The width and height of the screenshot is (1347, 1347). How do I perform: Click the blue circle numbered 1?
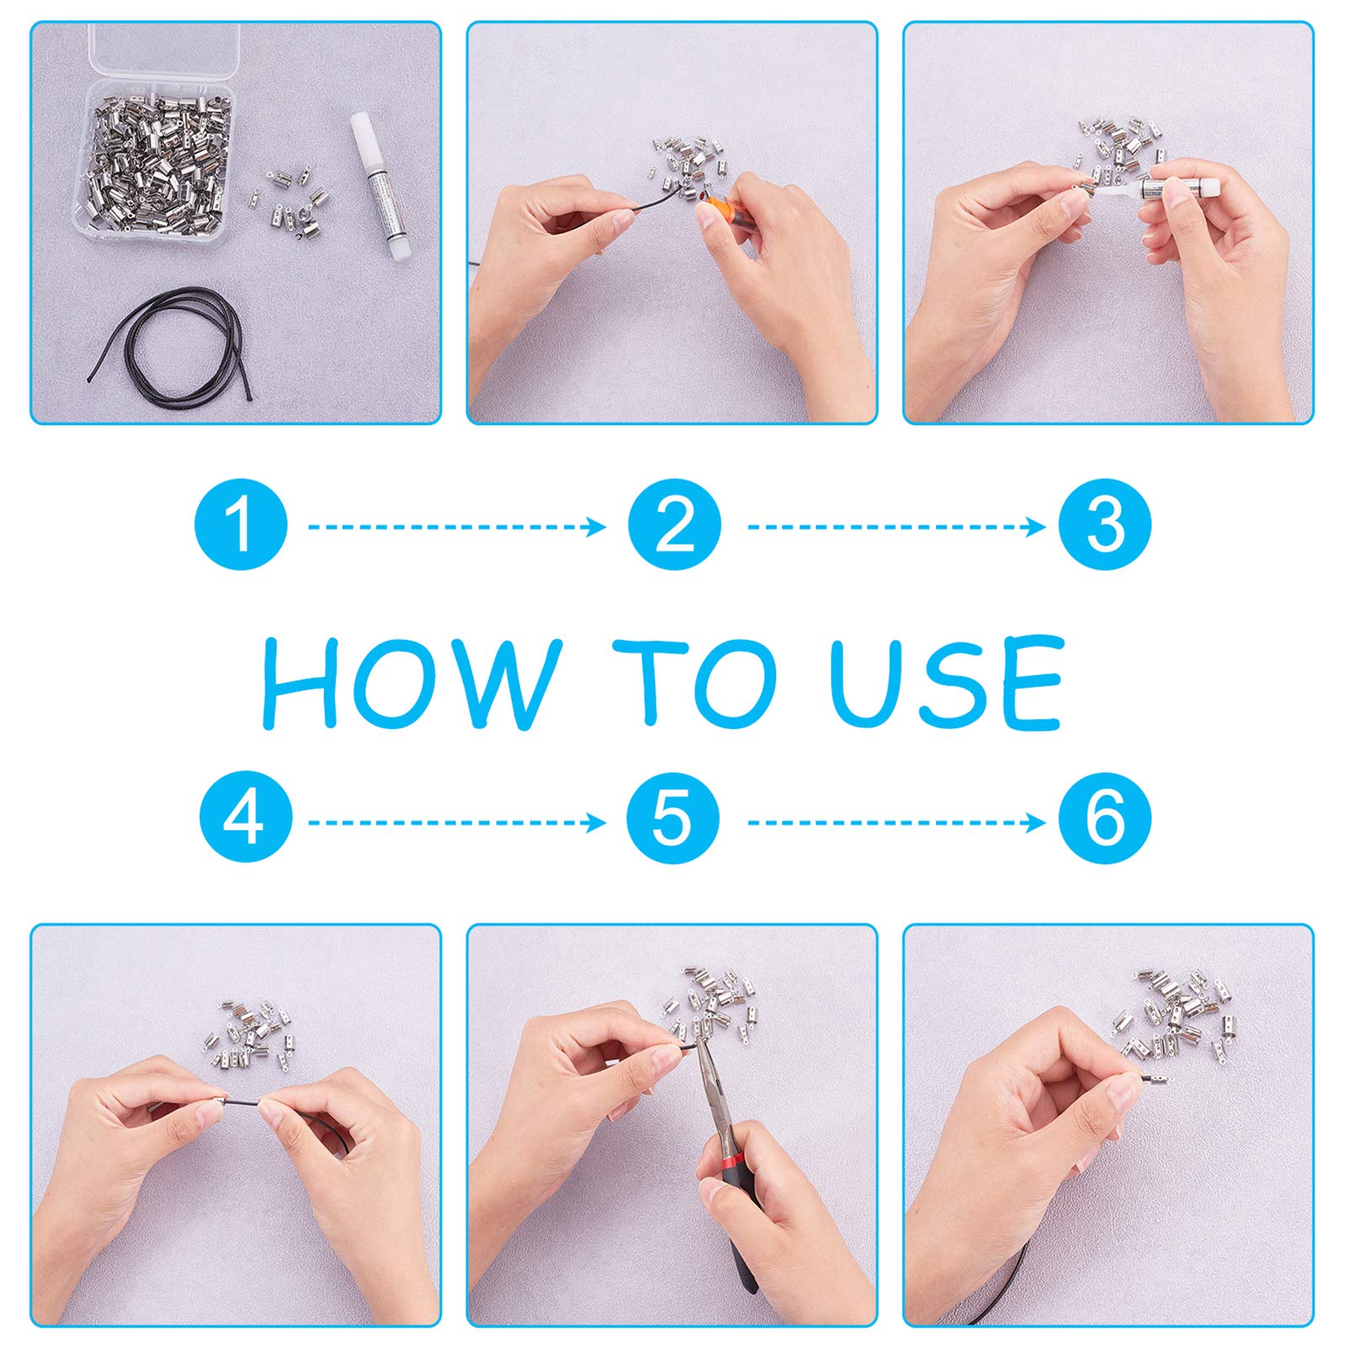(x=241, y=524)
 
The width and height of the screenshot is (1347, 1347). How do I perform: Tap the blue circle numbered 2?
(x=674, y=524)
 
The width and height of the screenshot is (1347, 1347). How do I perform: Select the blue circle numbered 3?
(x=1105, y=524)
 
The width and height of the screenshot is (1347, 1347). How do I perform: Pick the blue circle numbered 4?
(x=246, y=817)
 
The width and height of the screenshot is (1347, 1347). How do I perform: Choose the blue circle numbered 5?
(x=673, y=817)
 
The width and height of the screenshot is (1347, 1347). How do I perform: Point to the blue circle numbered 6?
(x=1105, y=817)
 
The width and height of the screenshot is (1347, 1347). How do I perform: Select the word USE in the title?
(x=946, y=682)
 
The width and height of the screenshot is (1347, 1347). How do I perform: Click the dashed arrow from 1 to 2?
(x=457, y=527)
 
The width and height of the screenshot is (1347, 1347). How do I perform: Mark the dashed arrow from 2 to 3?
(x=897, y=527)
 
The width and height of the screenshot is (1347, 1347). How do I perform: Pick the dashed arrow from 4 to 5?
(x=457, y=822)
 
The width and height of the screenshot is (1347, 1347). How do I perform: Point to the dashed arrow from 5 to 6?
(x=897, y=822)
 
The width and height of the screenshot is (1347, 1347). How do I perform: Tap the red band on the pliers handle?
(x=728, y=1160)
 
